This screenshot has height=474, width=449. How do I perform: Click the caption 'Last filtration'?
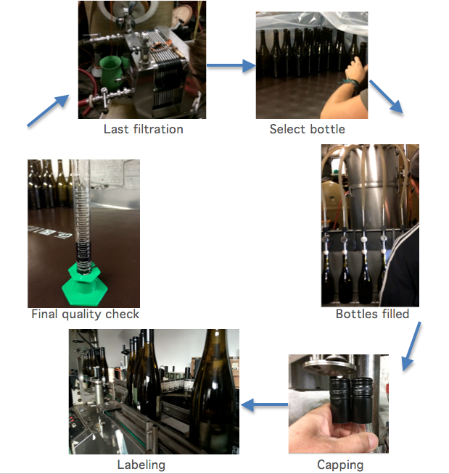(x=144, y=129)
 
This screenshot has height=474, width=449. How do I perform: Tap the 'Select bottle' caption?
(x=307, y=129)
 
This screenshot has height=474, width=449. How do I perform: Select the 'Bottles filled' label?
(x=372, y=314)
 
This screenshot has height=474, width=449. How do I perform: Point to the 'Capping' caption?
(x=340, y=465)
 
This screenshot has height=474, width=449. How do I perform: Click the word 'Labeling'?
(x=141, y=465)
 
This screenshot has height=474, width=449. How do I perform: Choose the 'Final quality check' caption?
(x=86, y=314)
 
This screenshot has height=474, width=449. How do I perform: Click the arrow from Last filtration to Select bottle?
(x=231, y=65)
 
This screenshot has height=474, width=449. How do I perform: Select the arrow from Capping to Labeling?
(x=265, y=404)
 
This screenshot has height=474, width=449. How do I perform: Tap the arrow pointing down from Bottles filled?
(x=411, y=346)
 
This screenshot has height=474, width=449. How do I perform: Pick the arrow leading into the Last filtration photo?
(x=48, y=110)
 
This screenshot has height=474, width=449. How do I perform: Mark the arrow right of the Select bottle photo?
(x=387, y=96)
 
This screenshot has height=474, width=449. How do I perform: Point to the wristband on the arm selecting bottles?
(x=352, y=82)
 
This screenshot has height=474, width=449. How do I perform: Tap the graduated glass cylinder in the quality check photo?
(x=82, y=217)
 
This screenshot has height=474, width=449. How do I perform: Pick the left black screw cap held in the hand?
(x=341, y=400)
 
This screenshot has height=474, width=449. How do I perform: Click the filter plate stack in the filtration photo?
(x=166, y=72)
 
